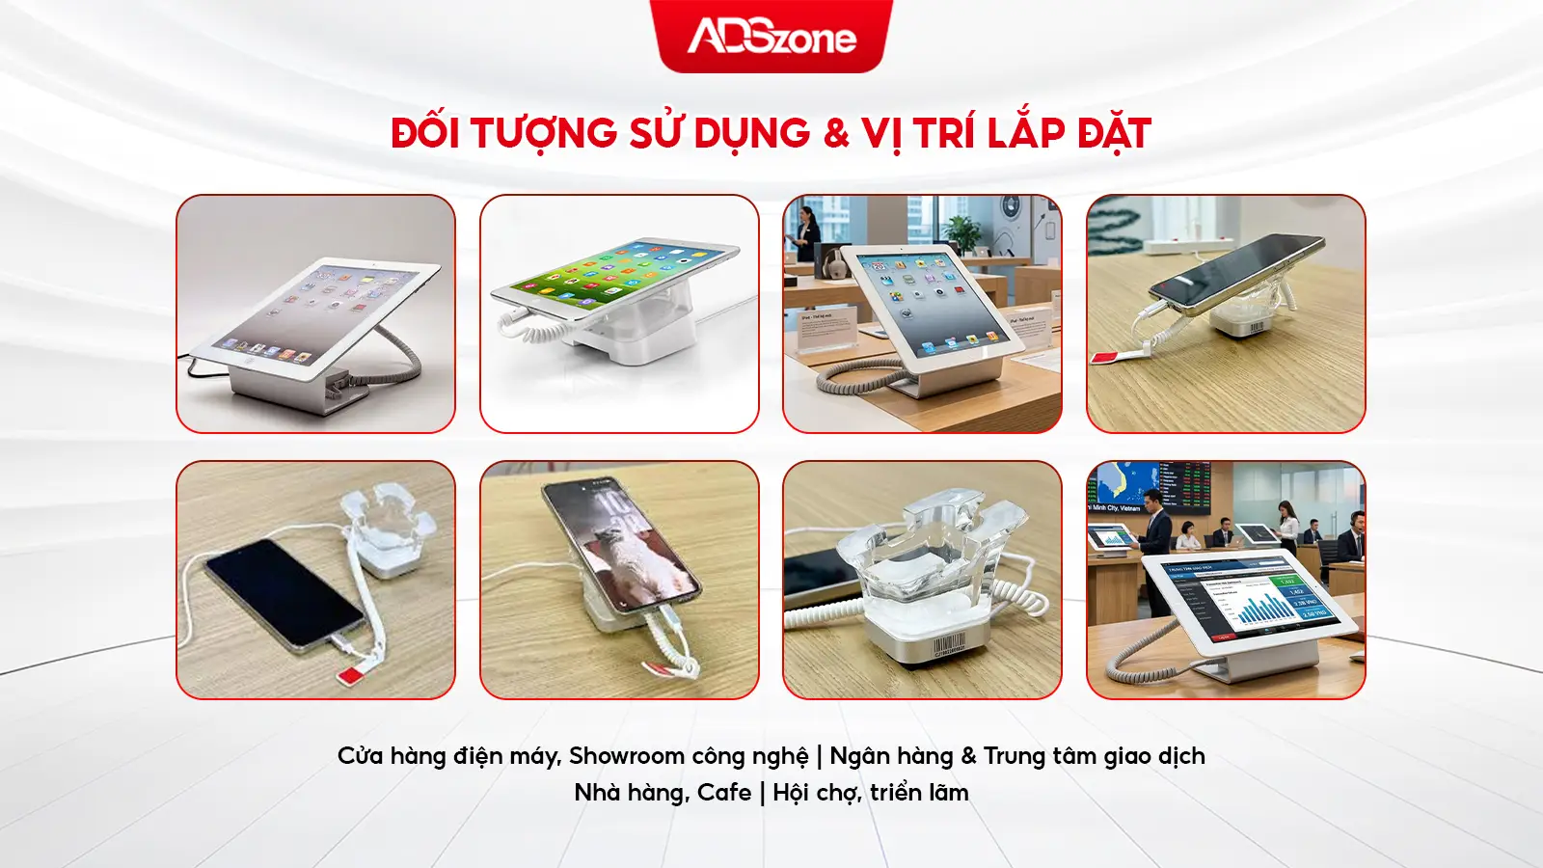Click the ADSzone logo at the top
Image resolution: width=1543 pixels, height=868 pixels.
point(771,37)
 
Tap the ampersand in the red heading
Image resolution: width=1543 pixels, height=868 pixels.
point(836,134)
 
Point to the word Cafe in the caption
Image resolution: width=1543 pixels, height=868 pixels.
point(724,793)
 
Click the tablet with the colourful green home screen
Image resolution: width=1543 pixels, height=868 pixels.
point(617,280)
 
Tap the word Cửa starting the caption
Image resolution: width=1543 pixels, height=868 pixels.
point(360,756)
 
